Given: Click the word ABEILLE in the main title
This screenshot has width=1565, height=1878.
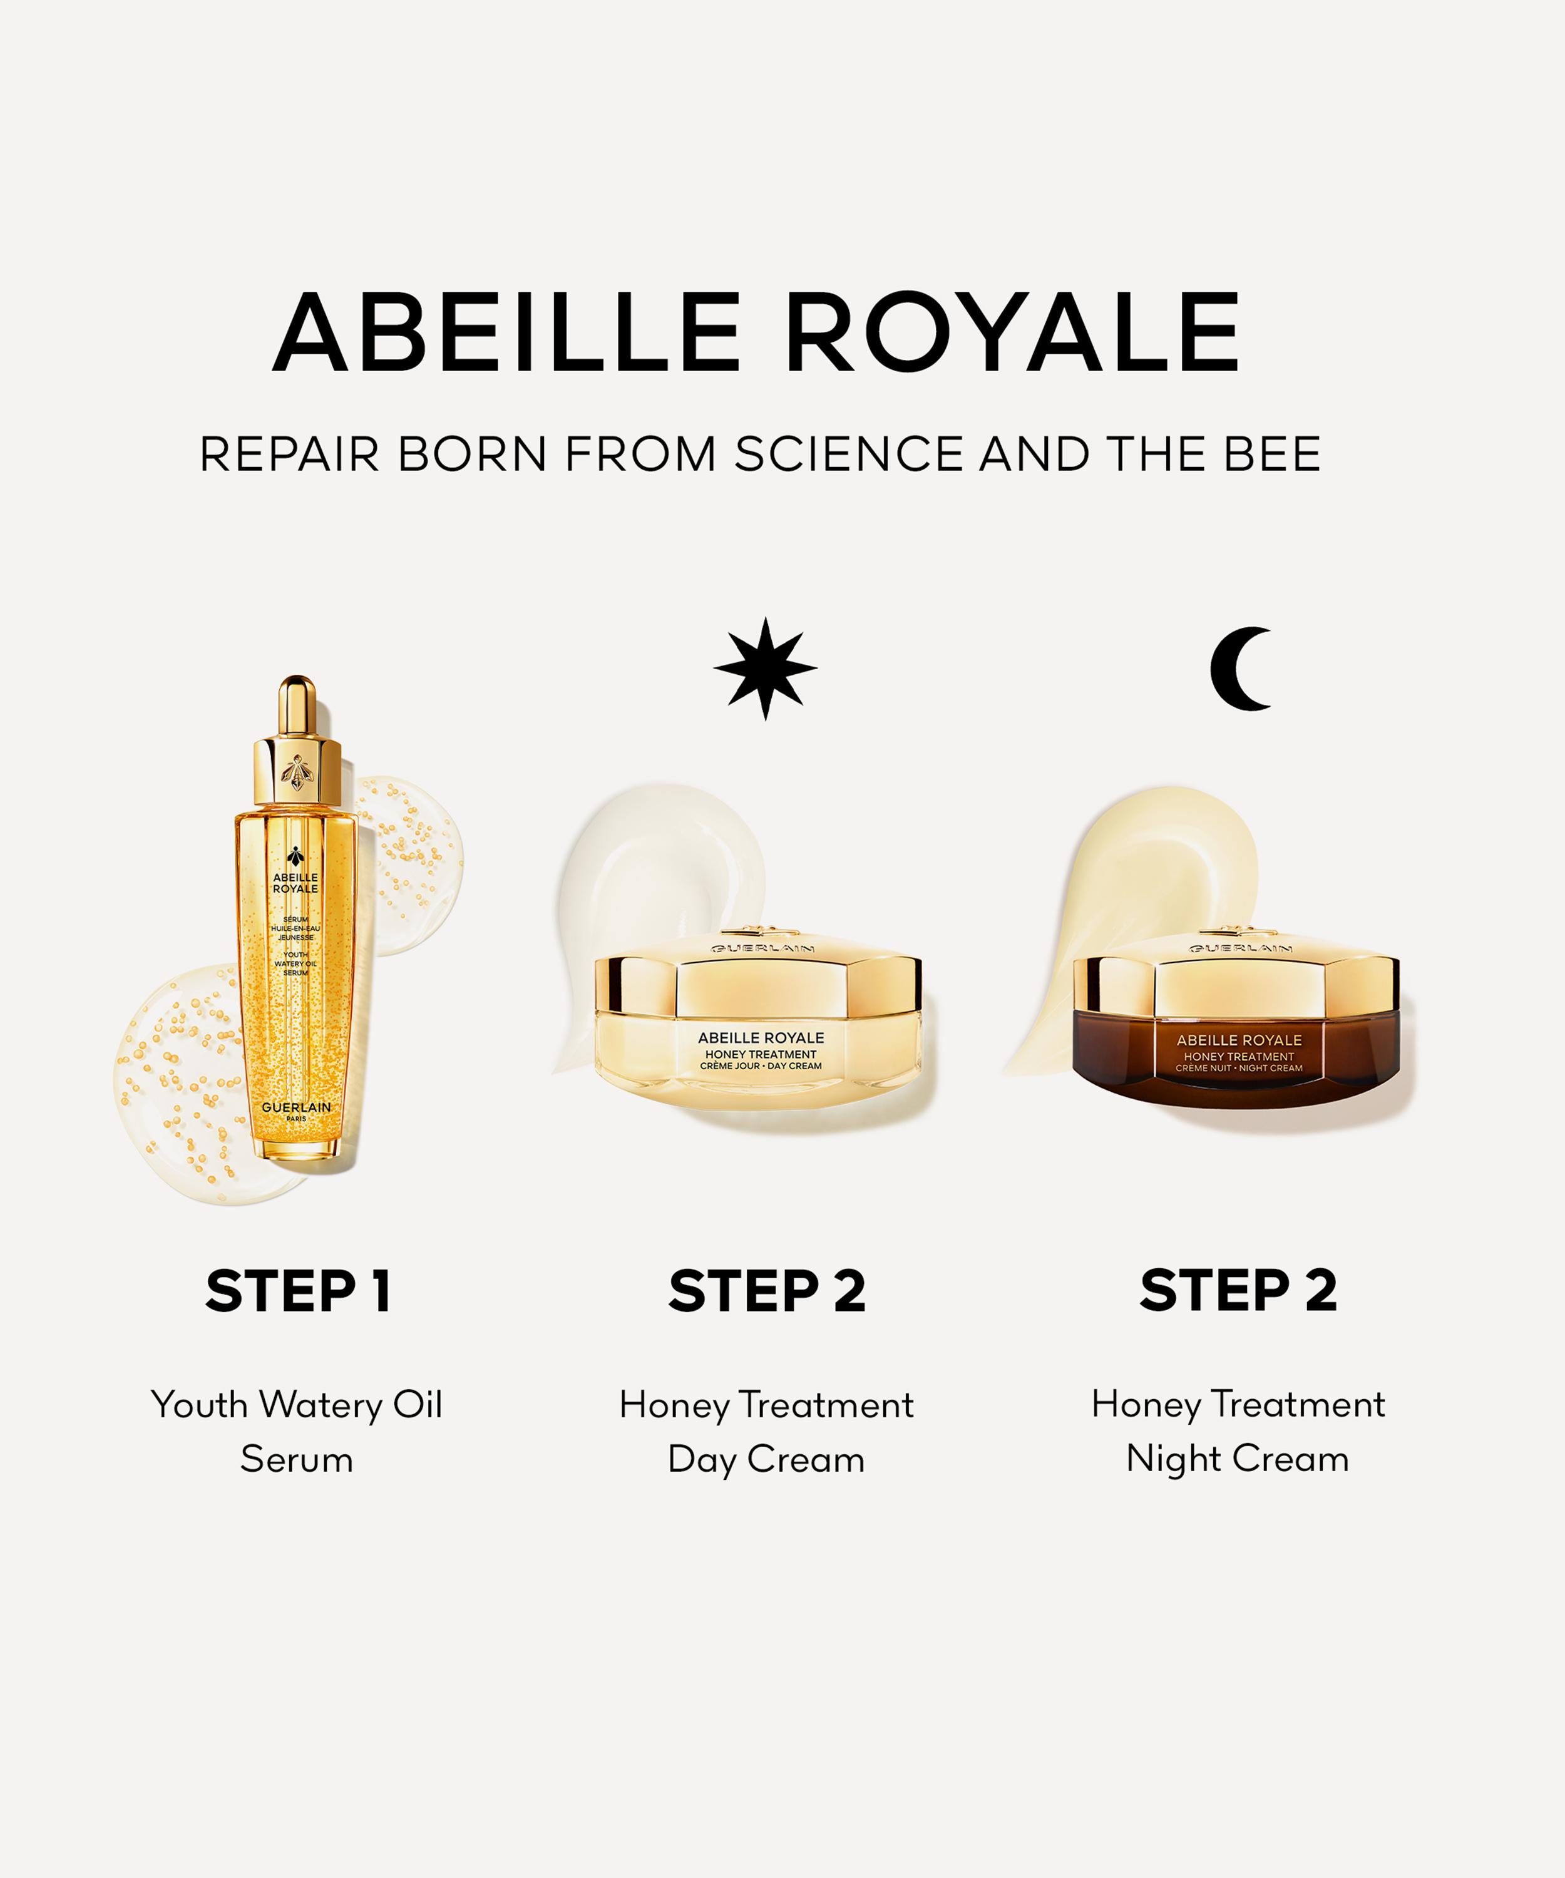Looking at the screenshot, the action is coord(506,332).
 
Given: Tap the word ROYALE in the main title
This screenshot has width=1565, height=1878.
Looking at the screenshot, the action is coord(1013,332).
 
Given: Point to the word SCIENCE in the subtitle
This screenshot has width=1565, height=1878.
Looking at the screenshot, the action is coord(849,454).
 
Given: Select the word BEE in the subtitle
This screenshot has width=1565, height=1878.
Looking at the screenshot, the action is coord(1273,454).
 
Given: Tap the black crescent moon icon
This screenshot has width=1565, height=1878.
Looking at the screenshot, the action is coord(1240,669).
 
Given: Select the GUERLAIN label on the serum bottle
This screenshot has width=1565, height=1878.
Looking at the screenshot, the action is coord(296,1107).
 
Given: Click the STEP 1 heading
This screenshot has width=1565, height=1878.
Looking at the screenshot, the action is coord(298,1290).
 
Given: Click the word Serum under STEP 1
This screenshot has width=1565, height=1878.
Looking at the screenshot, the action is coord(297,1459).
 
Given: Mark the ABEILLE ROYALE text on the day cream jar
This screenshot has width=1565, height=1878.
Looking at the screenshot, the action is coord(761,1037).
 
